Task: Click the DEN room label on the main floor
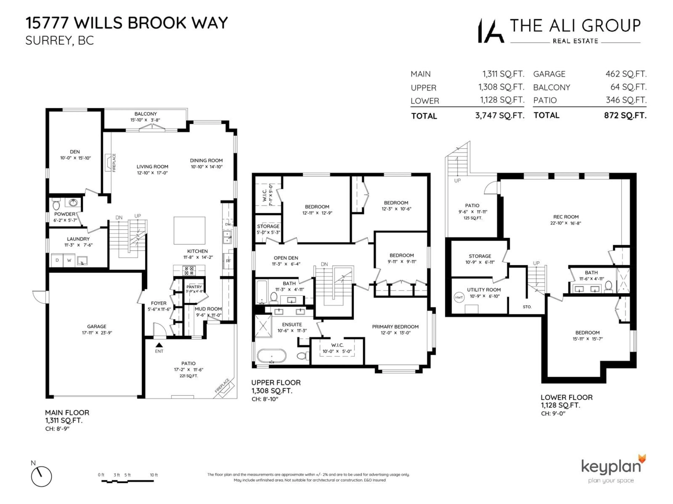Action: click(75, 152)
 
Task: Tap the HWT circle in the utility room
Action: click(459, 297)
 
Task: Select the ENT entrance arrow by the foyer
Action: click(159, 345)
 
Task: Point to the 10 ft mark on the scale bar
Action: click(154, 475)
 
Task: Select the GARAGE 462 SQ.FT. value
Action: click(626, 74)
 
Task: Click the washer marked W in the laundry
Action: click(69, 260)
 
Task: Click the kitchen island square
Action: click(189, 230)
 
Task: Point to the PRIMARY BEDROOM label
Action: click(395, 327)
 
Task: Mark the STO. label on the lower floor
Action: click(527, 307)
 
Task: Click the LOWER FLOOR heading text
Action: click(566, 397)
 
